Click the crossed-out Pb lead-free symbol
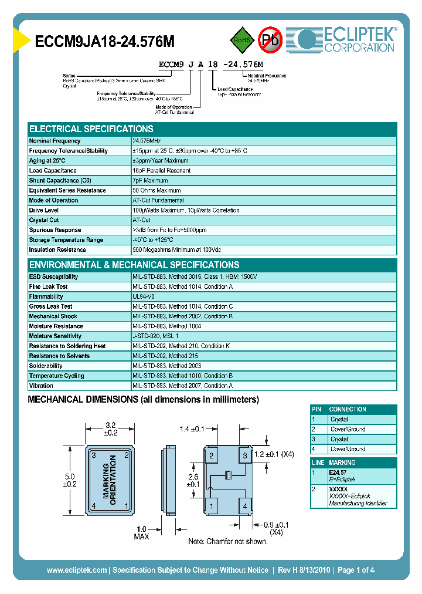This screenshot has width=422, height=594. click(x=270, y=40)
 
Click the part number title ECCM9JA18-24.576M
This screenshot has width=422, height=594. click(x=105, y=42)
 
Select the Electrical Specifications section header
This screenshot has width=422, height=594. click(x=91, y=129)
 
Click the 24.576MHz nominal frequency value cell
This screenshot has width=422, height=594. click(x=147, y=141)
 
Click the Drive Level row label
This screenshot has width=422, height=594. click(x=44, y=210)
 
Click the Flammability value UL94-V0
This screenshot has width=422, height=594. click(x=144, y=297)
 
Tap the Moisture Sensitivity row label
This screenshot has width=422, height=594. click(x=56, y=336)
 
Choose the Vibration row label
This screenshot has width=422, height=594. click(x=42, y=386)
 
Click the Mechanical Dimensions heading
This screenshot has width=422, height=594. click(x=144, y=400)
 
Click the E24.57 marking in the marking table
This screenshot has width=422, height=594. click(x=337, y=472)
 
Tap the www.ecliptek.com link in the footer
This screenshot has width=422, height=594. click(x=77, y=570)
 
